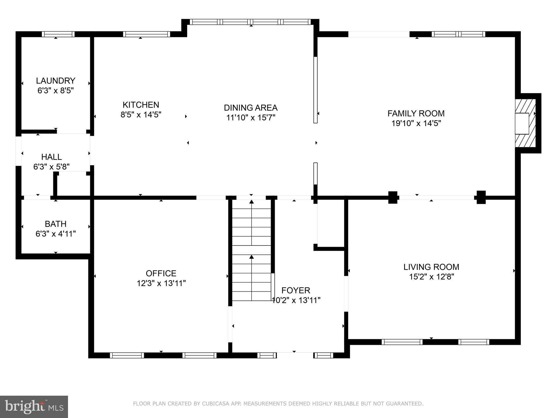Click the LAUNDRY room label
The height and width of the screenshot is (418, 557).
pos(55,81)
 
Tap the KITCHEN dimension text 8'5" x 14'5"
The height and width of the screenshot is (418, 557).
pos(141,115)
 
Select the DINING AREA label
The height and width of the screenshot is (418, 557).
pos(250,108)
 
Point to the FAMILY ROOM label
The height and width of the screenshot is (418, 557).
pos(416,113)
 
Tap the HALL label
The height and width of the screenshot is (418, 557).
pos(51,157)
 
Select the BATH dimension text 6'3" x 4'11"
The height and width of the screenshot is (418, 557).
pos(55,234)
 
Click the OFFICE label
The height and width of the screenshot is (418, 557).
pos(161,273)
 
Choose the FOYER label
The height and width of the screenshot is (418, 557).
pos(296,290)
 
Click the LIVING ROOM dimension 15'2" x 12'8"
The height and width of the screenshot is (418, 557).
pos(432,277)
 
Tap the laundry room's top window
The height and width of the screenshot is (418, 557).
pos(58,34)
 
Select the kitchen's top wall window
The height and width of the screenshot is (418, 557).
pos(146,34)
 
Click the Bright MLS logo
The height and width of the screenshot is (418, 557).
pos(34,407)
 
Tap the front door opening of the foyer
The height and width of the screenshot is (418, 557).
pos(295,355)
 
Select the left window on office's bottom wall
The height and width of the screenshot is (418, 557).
pos(127,355)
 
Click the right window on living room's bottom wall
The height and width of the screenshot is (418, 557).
pos(474,342)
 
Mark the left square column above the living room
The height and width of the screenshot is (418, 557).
pos(392,198)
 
